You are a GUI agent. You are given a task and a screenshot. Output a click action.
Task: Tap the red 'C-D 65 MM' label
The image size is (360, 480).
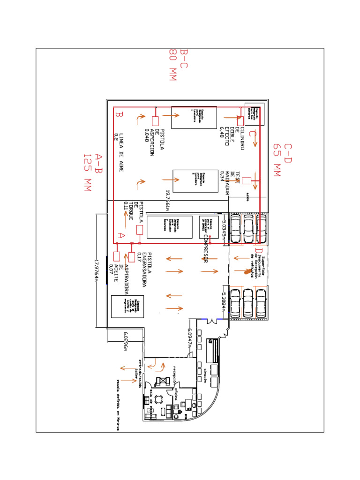tap(282, 160)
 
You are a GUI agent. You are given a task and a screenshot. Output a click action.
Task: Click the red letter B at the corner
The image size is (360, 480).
tap(119, 114)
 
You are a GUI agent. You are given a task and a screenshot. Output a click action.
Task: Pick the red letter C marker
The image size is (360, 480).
tap(252, 135)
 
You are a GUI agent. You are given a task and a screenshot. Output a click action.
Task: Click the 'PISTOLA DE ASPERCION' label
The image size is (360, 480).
tap(155, 139)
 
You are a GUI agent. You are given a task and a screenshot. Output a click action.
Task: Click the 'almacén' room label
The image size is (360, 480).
tap(206, 375)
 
